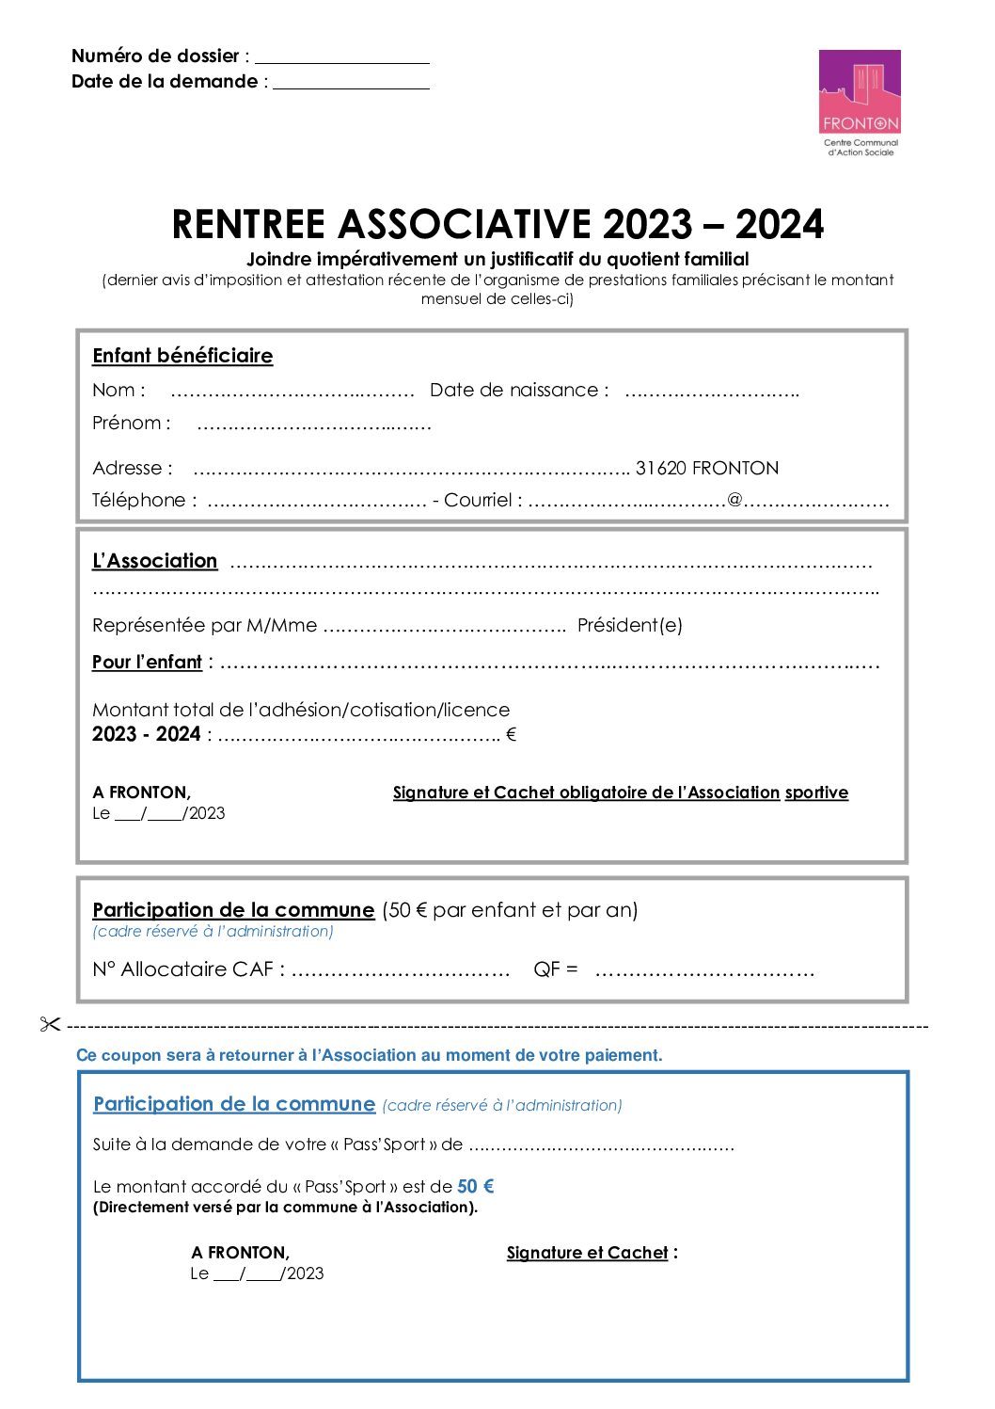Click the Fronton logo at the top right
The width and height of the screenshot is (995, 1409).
[x=860, y=103]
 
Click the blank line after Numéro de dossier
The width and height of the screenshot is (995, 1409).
[x=341, y=57]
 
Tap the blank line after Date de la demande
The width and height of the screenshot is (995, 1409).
[x=351, y=83]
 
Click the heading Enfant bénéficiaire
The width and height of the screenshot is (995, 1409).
[x=182, y=356]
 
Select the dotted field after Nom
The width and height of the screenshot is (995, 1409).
[x=292, y=392]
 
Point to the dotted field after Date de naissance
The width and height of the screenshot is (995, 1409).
[x=712, y=392]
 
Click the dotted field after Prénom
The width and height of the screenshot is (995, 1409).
[x=314, y=424]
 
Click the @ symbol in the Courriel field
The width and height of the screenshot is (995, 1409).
[x=734, y=501]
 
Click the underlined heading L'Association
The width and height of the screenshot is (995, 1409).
[x=154, y=561]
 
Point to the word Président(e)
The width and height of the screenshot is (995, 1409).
[x=629, y=626]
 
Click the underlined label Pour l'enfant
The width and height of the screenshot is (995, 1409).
[x=147, y=663]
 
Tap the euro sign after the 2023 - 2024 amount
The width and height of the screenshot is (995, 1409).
[x=511, y=735]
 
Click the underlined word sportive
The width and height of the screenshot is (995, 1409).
[x=816, y=793]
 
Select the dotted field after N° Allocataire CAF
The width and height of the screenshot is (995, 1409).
[x=401, y=970]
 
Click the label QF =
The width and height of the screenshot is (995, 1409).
[x=555, y=969]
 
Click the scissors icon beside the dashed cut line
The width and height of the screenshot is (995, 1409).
[x=50, y=1025]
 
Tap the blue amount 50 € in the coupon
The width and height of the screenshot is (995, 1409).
[x=475, y=1187]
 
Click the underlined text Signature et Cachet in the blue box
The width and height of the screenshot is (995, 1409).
[x=587, y=1253]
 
